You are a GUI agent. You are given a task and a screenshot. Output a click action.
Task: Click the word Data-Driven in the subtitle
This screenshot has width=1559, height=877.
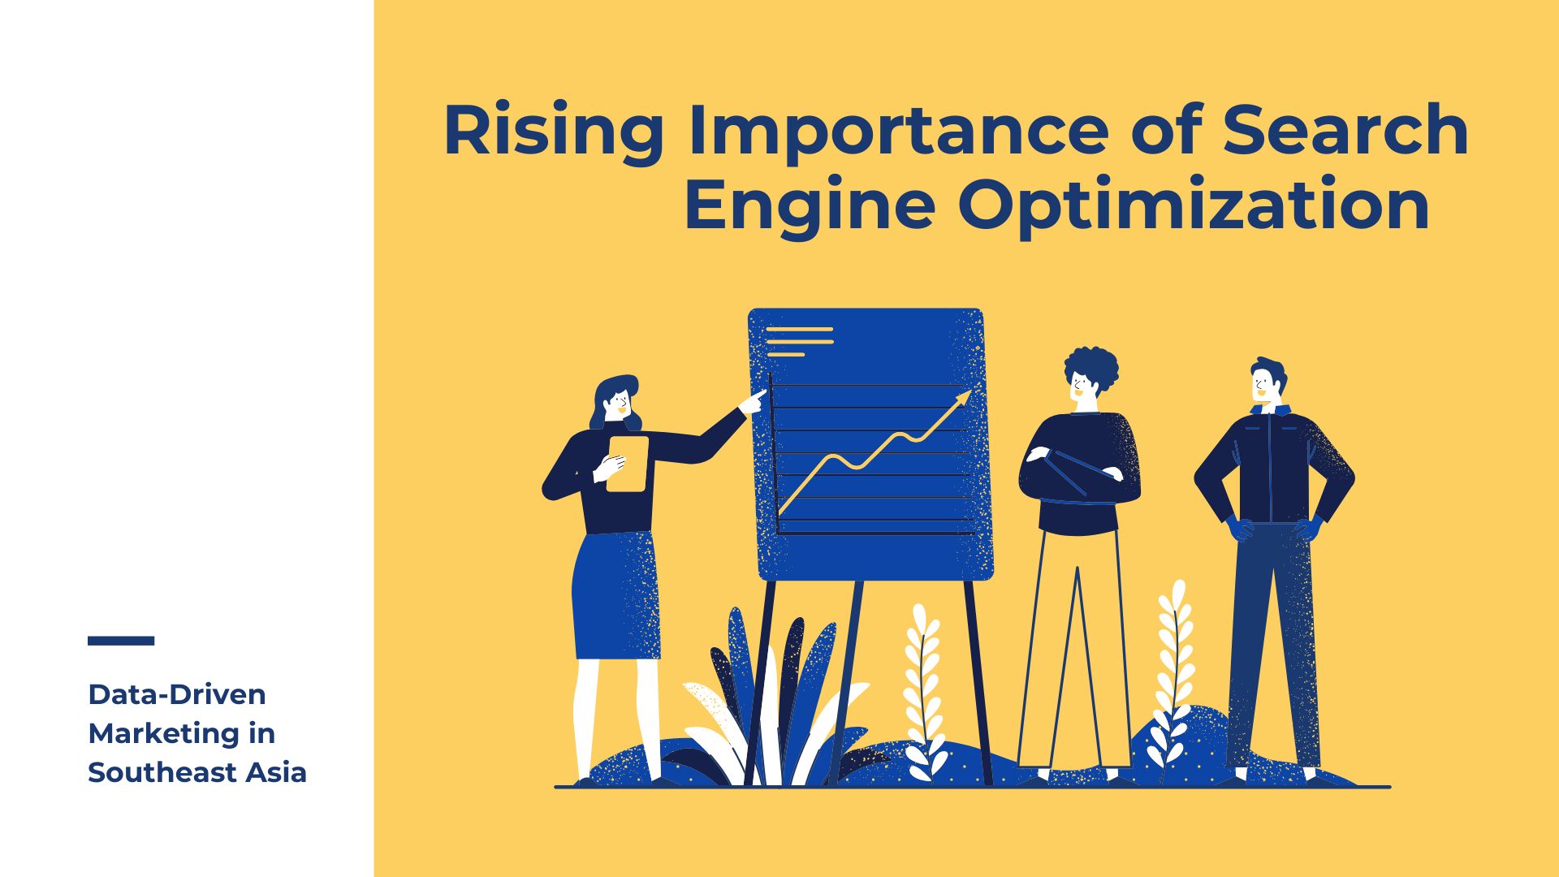point(177,694)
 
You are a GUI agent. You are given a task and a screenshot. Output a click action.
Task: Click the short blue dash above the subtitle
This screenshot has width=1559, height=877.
point(121,641)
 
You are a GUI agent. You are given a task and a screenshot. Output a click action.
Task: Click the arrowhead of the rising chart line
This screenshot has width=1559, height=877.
point(964,397)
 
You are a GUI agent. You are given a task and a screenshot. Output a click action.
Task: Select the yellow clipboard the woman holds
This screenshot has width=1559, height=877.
point(628,464)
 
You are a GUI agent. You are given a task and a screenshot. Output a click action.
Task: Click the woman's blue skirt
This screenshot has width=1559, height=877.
point(616,596)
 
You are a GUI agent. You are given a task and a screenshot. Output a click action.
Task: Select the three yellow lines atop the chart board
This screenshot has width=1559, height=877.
point(800,342)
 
